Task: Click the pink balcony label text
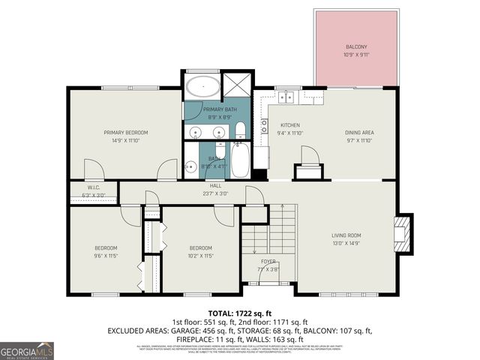click(x=356, y=49)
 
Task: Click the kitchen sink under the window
click(x=284, y=97)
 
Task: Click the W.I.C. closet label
click(x=94, y=191)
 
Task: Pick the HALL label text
click(x=215, y=189)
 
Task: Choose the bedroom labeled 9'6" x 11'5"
click(x=106, y=252)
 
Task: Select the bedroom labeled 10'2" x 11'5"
click(x=200, y=252)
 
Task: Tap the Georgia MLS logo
click(x=27, y=350)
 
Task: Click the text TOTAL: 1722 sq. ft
click(x=239, y=313)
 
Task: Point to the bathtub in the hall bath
click(x=240, y=160)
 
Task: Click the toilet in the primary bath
click(x=240, y=133)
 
